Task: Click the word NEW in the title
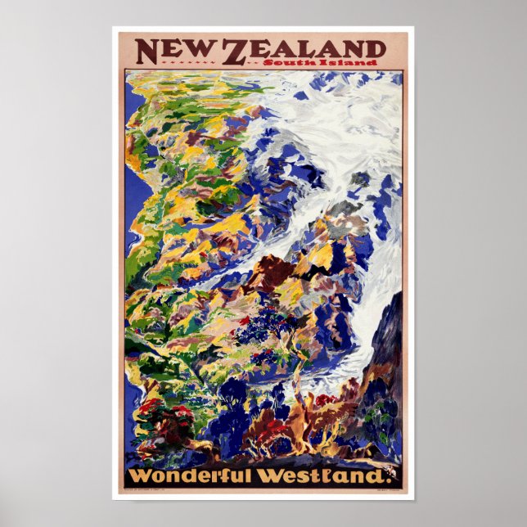coord(178,51)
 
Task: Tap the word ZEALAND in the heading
coord(304,50)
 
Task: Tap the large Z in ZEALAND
coord(235,52)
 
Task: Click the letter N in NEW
coord(148,51)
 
